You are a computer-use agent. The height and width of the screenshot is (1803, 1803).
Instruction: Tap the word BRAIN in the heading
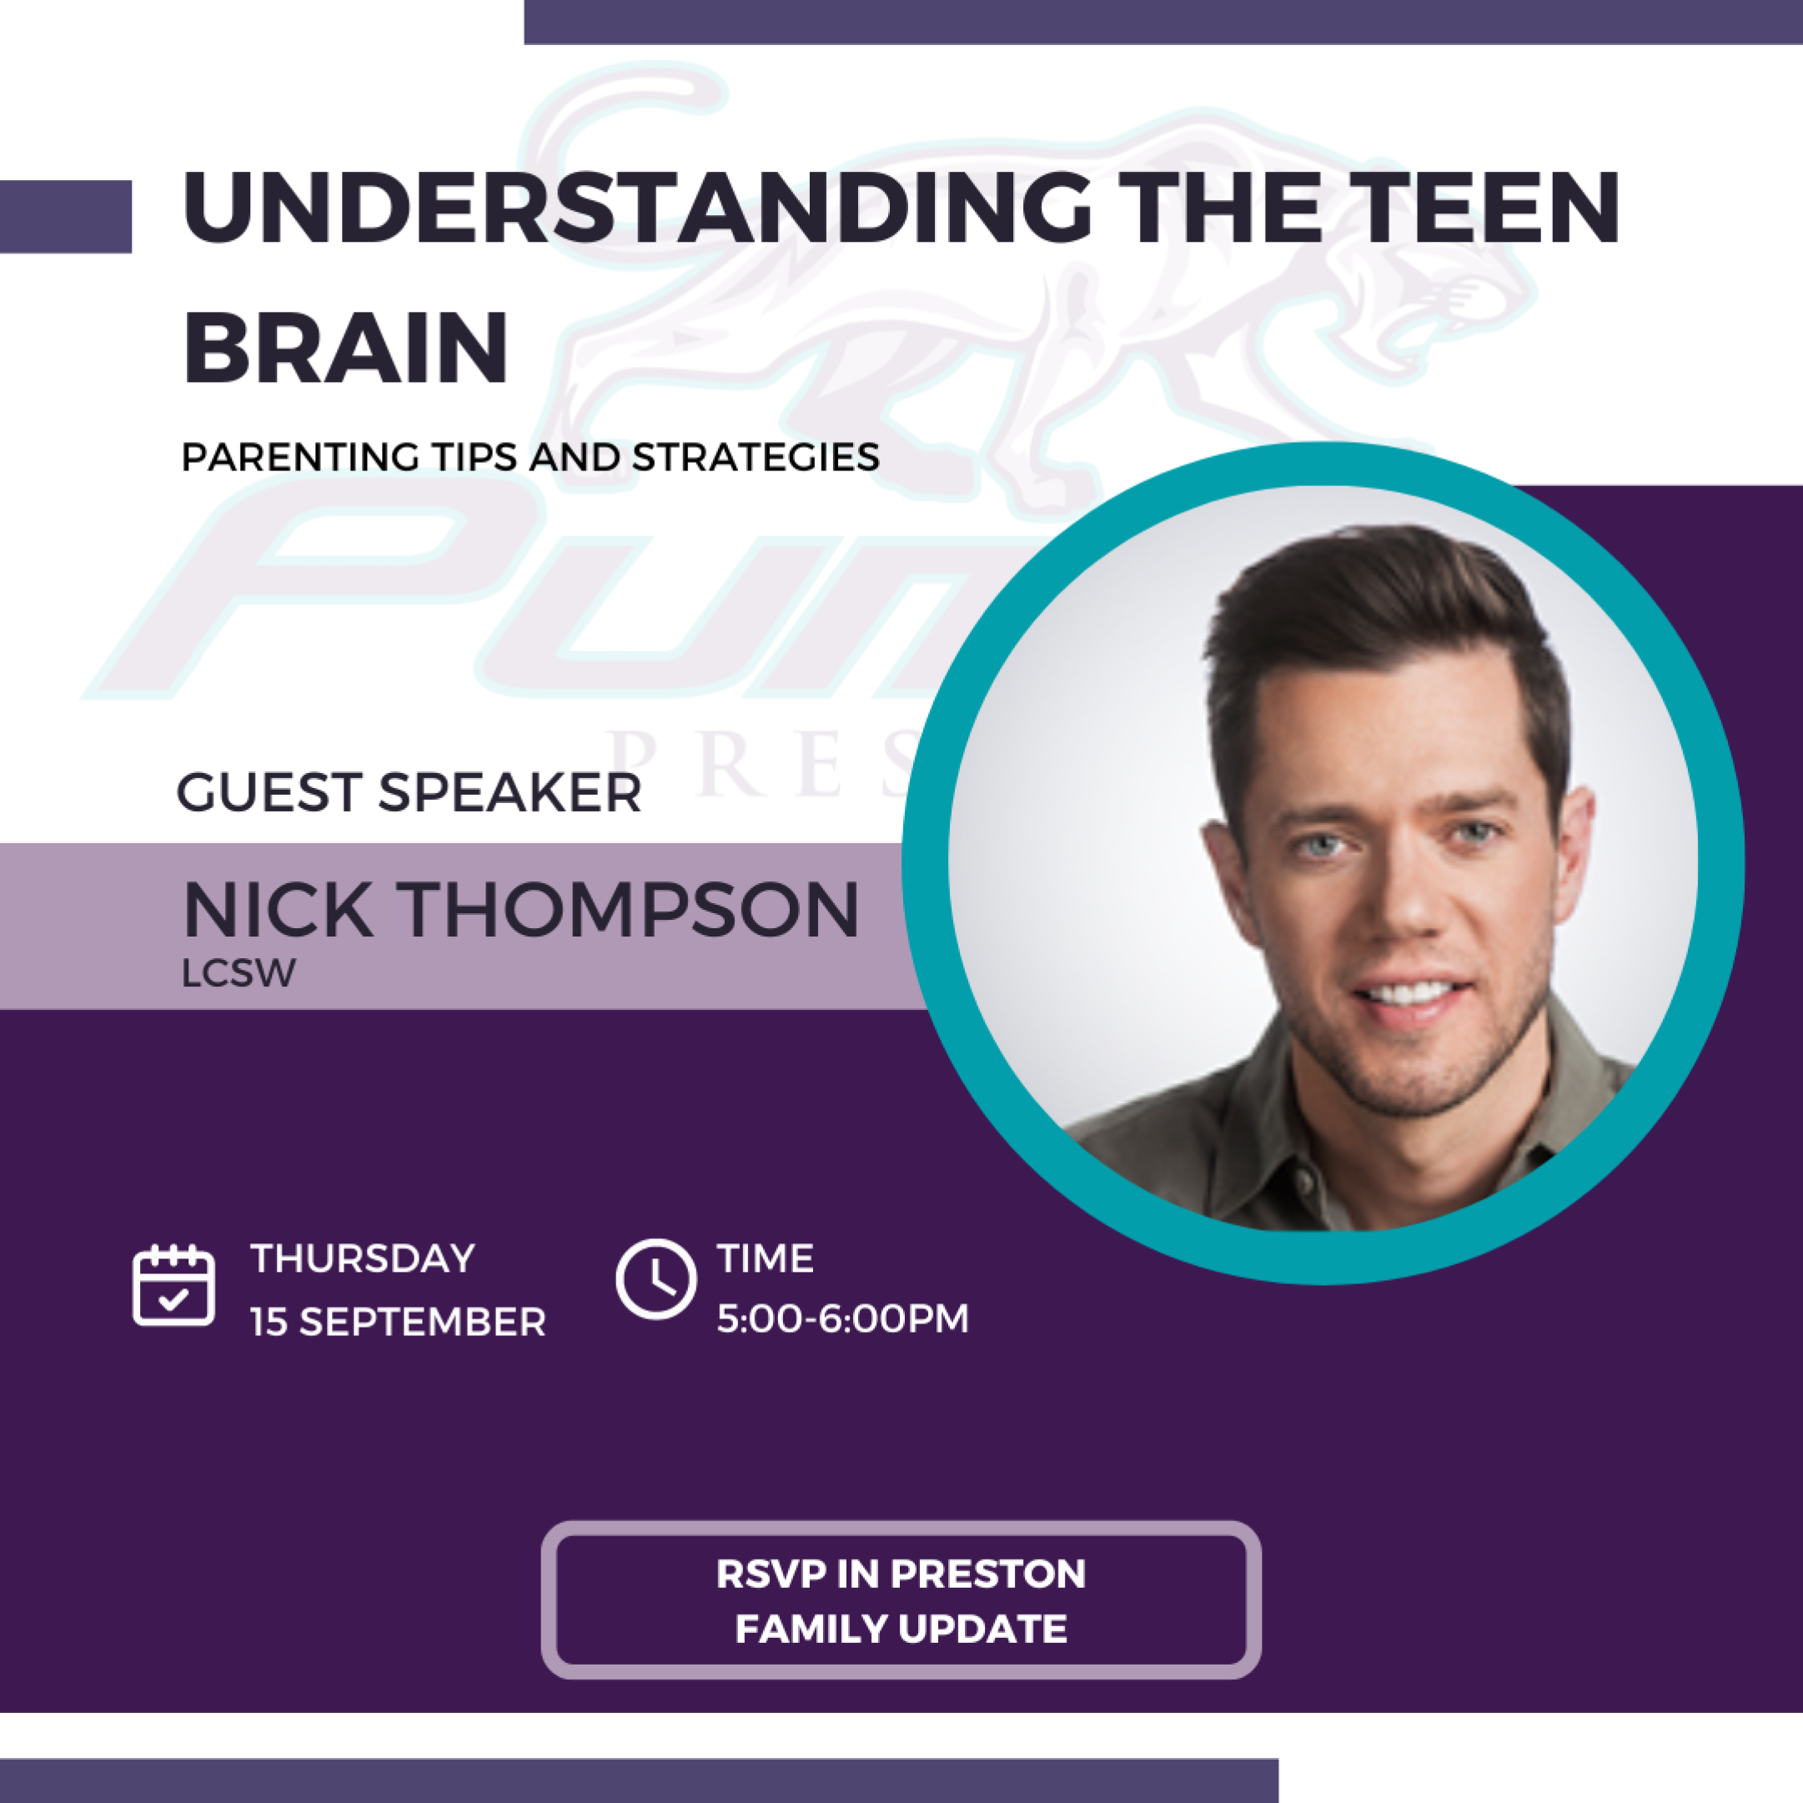[x=346, y=347]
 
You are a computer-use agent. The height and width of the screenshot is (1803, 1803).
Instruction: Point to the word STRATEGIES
[x=756, y=457]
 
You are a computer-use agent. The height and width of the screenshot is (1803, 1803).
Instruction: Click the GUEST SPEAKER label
[x=409, y=792]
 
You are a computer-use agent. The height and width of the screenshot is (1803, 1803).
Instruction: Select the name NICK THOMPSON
[x=520, y=910]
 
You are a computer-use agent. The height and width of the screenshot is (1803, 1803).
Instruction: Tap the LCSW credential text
[x=239, y=973]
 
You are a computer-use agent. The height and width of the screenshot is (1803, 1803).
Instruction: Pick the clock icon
[x=656, y=1278]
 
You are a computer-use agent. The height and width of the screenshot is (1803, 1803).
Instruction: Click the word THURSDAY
[x=363, y=1259]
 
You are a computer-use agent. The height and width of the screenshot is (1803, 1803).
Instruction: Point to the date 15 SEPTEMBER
[x=399, y=1323]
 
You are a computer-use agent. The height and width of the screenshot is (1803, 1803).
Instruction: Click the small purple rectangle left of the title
[x=65, y=217]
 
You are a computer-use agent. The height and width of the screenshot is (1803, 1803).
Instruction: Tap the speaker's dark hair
[x=1381, y=616]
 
